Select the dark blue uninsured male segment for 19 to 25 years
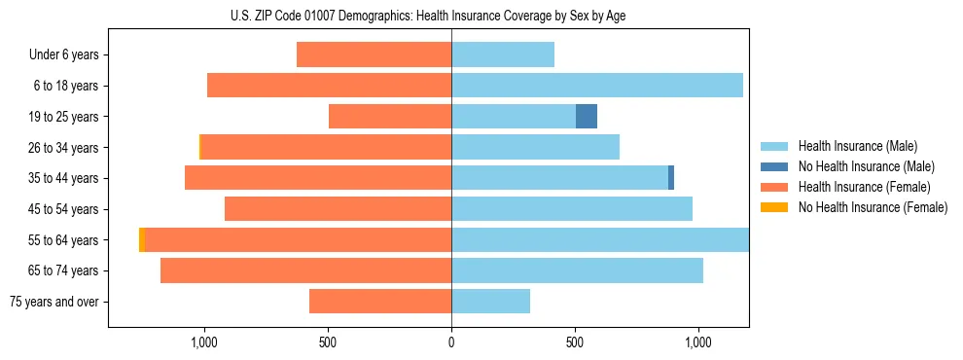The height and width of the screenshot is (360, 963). (587, 117)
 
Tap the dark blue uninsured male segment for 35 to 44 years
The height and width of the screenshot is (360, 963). (671, 178)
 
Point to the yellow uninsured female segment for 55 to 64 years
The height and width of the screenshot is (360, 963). (142, 240)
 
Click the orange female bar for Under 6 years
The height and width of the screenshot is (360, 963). (374, 54)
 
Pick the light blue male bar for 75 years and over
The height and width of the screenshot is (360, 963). (490, 302)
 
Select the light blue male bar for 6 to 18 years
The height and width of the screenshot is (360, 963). (597, 86)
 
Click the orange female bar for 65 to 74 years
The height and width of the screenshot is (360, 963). (305, 270)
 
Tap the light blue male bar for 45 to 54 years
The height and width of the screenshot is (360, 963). (572, 209)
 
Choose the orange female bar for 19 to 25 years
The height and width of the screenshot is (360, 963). (390, 117)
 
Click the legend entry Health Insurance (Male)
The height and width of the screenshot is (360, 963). (857, 146)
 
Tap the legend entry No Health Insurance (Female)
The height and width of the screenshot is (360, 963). (873, 207)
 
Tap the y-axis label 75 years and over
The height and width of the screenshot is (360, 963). (54, 302)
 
